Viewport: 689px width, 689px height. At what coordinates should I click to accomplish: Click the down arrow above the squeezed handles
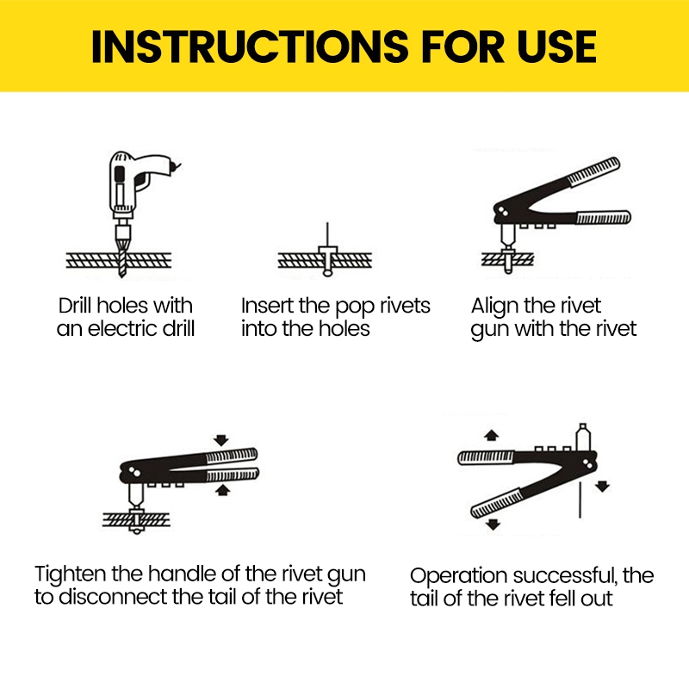[x=222, y=440]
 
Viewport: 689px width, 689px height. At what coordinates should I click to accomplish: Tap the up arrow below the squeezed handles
[x=222, y=490]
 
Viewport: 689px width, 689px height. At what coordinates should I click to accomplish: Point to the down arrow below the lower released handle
[x=493, y=524]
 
